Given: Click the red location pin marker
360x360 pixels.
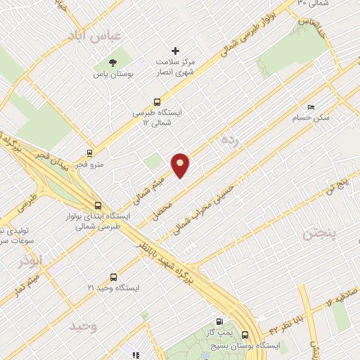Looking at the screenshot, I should click(x=181, y=165).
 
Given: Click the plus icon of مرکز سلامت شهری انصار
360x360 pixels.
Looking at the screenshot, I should click(x=176, y=51).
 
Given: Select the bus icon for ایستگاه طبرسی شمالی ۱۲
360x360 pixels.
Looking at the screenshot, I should click(x=157, y=101).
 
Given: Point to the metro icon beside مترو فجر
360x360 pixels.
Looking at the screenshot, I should click(x=89, y=153).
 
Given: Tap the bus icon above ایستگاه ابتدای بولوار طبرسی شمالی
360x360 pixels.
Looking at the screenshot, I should click(x=97, y=205).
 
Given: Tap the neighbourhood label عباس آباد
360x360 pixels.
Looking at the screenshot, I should click(x=96, y=34).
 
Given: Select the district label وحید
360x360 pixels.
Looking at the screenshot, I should click(x=83, y=327).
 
